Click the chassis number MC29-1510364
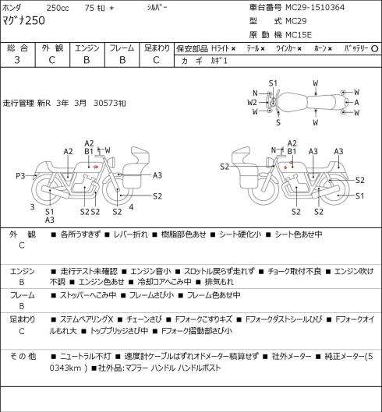(x=315, y=7)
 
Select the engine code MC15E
(x=299, y=35)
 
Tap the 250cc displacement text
(x=58, y=8)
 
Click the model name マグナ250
(x=23, y=20)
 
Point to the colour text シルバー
(x=157, y=8)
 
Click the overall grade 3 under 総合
(x=17, y=60)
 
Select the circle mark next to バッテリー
(x=375, y=48)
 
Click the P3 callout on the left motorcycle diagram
(x=20, y=175)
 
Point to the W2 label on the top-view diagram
(x=252, y=102)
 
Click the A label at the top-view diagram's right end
(x=356, y=102)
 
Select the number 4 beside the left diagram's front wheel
(x=131, y=207)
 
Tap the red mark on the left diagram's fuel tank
(x=96, y=167)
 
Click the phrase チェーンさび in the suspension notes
(x=143, y=319)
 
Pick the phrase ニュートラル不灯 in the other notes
(x=86, y=357)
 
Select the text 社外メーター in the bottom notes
(x=292, y=357)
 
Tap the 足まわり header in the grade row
(x=157, y=48)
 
